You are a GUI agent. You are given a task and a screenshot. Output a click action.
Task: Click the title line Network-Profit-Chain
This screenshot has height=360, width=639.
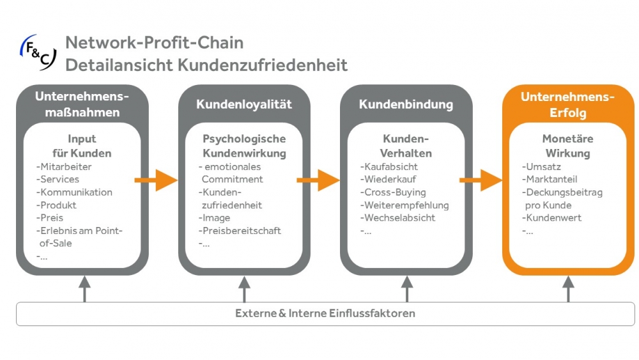click(154, 43)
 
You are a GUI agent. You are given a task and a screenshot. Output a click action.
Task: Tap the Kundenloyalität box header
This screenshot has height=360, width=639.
click(244, 104)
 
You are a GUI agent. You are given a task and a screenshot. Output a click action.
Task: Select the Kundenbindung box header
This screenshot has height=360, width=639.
click(406, 104)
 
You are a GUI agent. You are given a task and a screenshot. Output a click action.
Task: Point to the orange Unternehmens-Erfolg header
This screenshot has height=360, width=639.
click(567, 105)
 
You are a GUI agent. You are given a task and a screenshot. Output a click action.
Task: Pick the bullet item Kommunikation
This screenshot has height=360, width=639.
click(75, 192)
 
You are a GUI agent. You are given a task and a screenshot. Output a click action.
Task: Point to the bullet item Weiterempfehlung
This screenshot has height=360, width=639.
click(405, 205)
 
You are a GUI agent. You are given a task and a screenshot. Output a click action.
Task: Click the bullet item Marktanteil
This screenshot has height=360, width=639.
click(551, 180)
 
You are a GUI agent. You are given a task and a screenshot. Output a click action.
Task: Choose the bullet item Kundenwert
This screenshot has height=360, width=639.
click(551, 218)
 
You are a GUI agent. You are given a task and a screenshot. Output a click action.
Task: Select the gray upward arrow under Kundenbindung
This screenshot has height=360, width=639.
click(406, 289)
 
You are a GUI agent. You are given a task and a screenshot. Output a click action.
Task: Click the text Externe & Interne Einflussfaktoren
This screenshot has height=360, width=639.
click(325, 313)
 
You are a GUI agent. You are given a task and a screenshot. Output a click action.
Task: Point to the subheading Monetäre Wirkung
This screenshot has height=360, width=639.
click(567, 146)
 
